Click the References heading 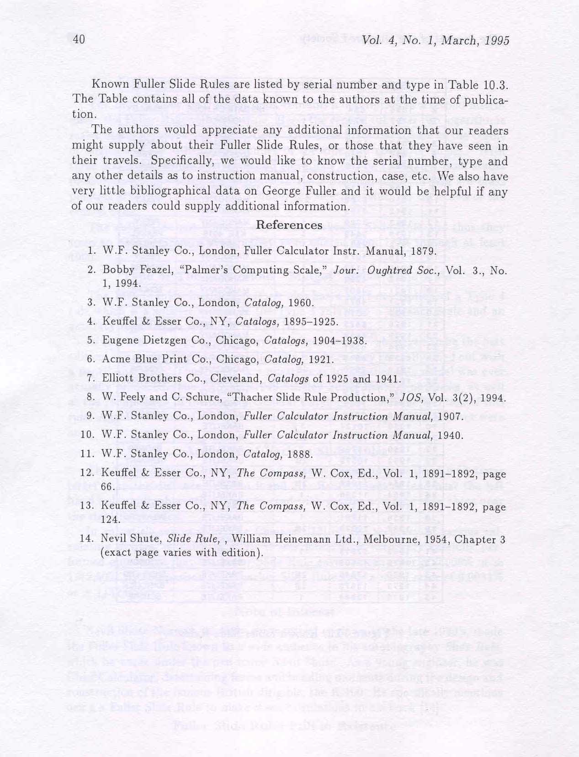(289, 225)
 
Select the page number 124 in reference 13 (109, 520)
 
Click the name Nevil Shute (130, 539)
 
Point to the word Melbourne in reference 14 (382, 539)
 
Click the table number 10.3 (494, 85)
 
